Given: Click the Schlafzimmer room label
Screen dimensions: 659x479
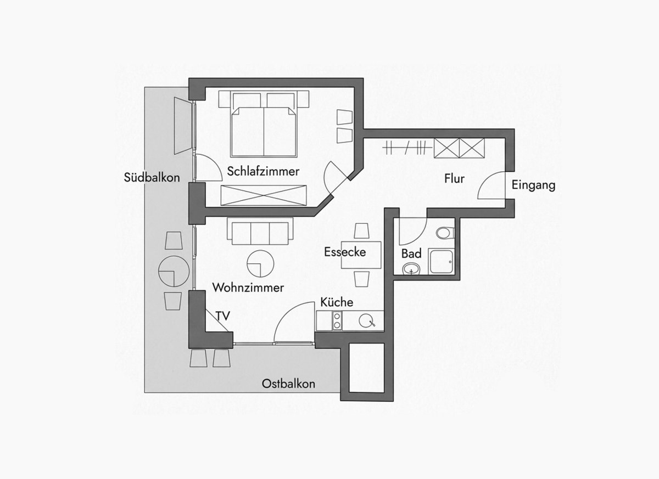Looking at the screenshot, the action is coord(263,171).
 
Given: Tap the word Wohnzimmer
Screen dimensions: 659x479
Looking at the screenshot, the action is coord(248,288).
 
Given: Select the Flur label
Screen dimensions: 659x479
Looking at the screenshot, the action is coord(454,179).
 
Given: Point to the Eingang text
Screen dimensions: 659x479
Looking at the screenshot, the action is coord(533,185).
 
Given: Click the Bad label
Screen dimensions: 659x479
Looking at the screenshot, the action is coord(411,253).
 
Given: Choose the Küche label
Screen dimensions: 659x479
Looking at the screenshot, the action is coord(337,302).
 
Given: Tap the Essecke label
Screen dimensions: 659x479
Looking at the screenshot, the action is coord(345,252).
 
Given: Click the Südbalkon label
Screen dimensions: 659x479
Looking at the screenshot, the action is coord(152,177).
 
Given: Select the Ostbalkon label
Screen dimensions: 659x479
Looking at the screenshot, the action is coord(288,384).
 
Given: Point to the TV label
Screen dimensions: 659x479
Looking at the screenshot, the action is coord(223,316).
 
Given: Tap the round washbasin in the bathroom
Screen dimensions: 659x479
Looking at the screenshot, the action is coord(411,268).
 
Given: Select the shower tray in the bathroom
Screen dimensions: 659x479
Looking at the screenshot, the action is coord(441,261).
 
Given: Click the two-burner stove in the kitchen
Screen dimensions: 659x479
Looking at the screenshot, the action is coord(337,320).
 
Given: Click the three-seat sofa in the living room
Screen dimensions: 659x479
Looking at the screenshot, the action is coord(260,232).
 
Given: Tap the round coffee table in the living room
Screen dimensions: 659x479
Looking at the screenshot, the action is coord(260,263).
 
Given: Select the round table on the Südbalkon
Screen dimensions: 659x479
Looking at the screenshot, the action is coord(174,271).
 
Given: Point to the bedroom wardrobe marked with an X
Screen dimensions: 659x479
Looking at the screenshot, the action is coord(264,195).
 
